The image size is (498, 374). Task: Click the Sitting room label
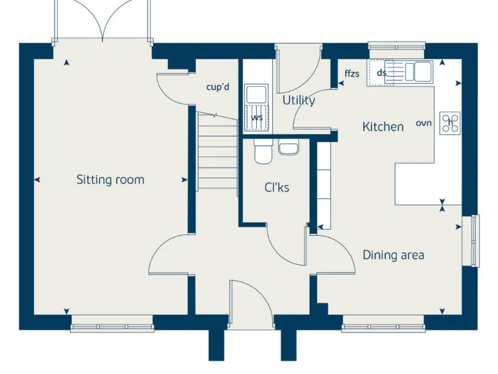coord(110,180)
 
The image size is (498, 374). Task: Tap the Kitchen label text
coord(383,127)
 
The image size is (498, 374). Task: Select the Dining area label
coord(393,255)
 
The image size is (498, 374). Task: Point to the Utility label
coord(299,101)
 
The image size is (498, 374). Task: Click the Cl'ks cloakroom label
coord(277,188)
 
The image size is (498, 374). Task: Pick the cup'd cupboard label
coord(218,86)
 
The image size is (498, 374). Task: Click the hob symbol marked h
coord(450,123)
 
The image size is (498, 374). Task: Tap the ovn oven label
coord(423,123)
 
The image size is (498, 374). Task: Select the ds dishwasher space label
coord(381,73)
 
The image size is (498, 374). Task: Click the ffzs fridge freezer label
coord(352,73)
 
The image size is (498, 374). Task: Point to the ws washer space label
coord(257,118)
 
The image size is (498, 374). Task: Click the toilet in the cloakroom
coord(263,152)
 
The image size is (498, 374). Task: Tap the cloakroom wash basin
coord(288,148)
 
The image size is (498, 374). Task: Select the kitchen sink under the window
coord(415,71)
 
